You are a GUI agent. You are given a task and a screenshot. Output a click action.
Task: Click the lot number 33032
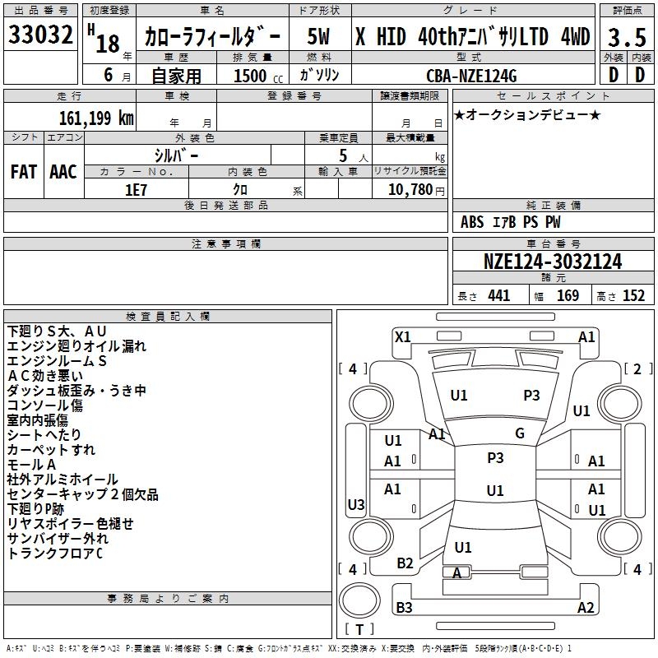[40, 35]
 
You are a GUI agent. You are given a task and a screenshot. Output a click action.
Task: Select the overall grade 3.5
[627, 37]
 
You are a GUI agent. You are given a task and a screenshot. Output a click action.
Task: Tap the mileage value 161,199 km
[96, 118]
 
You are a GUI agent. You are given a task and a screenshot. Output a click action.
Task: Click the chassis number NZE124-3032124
[553, 262]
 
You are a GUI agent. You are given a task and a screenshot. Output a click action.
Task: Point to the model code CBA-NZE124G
[471, 76]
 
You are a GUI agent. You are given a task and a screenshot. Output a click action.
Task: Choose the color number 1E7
[136, 190]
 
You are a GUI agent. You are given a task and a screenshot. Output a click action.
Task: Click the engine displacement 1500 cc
[258, 76]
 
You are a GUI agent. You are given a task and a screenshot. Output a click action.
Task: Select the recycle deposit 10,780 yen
[416, 190]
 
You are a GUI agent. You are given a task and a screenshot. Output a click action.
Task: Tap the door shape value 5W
[318, 36]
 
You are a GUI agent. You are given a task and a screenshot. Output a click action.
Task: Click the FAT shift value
[24, 172]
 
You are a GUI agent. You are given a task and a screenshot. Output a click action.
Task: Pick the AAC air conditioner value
[63, 172]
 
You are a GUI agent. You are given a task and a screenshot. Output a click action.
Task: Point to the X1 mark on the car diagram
[402, 337]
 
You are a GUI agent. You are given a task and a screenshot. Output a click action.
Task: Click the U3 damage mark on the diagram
[356, 504]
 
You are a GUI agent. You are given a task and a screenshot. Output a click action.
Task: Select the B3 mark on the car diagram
[404, 607]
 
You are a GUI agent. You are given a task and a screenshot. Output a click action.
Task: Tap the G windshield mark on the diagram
[520, 433]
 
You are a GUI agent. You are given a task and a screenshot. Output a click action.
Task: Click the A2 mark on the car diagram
[586, 607]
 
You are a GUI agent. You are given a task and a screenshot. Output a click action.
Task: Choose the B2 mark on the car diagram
[405, 563]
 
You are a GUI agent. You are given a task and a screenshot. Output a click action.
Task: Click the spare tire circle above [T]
[359, 600]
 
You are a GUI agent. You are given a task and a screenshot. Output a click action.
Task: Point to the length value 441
[498, 296]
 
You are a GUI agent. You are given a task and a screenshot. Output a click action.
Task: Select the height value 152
[633, 296]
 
